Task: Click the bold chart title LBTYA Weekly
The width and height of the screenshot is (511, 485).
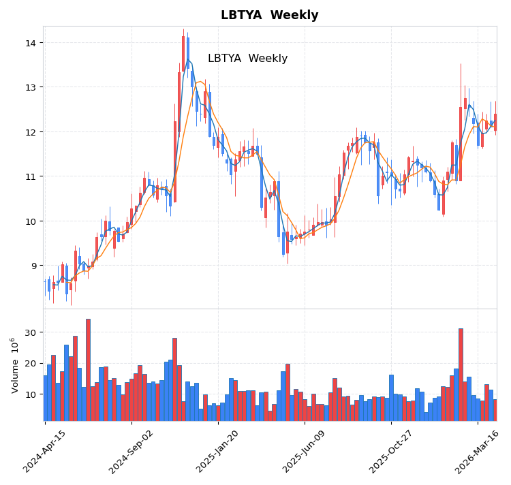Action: coord(269,15)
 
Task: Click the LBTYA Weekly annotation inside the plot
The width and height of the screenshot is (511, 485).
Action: coord(247,59)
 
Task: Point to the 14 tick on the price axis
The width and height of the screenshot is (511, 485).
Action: coord(31,43)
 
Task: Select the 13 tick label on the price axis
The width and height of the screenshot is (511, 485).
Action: coord(31,87)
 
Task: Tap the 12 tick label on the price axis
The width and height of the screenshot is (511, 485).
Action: coord(31,131)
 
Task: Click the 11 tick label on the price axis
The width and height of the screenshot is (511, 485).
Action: coord(31,176)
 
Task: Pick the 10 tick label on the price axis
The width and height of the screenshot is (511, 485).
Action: coord(31,221)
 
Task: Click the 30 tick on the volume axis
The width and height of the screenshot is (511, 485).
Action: coord(31,332)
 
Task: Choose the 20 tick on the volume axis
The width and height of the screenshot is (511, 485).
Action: coord(31,363)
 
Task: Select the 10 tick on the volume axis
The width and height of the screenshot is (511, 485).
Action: coord(31,394)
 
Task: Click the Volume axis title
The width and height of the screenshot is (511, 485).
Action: coord(14,365)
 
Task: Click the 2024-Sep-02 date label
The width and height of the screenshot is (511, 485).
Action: coord(132,451)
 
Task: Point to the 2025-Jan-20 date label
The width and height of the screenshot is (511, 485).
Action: coord(218,451)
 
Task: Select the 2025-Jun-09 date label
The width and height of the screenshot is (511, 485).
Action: coord(305,451)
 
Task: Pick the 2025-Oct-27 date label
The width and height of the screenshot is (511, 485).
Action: coord(391,451)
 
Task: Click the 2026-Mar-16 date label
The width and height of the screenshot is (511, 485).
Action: coord(478,451)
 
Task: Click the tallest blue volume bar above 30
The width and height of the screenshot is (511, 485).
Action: coord(88,369)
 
